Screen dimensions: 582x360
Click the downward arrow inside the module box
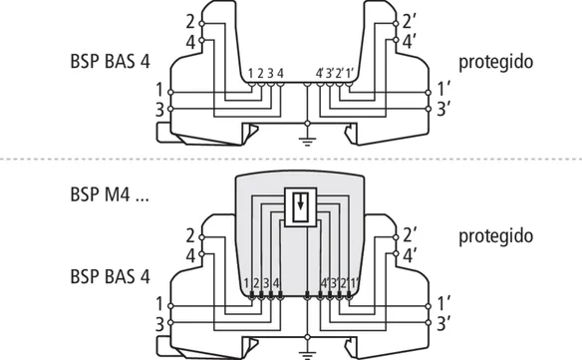point(300,202)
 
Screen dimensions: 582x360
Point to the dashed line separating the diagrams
point(291,159)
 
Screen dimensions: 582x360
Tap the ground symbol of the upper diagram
point(307,142)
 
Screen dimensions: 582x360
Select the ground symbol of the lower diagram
point(307,355)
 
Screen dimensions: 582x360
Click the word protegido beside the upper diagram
point(496,62)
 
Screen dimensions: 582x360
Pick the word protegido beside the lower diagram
point(496,236)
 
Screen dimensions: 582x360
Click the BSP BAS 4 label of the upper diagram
point(110,61)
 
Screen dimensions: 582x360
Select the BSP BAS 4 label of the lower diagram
point(110,277)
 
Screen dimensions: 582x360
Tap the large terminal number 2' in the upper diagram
point(408,22)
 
